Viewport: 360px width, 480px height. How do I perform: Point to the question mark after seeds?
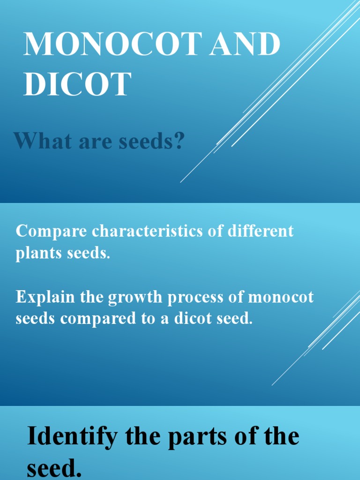click(179, 141)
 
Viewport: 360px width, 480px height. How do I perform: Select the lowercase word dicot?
click(195, 319)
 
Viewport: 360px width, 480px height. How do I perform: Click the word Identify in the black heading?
click(73, 437)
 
